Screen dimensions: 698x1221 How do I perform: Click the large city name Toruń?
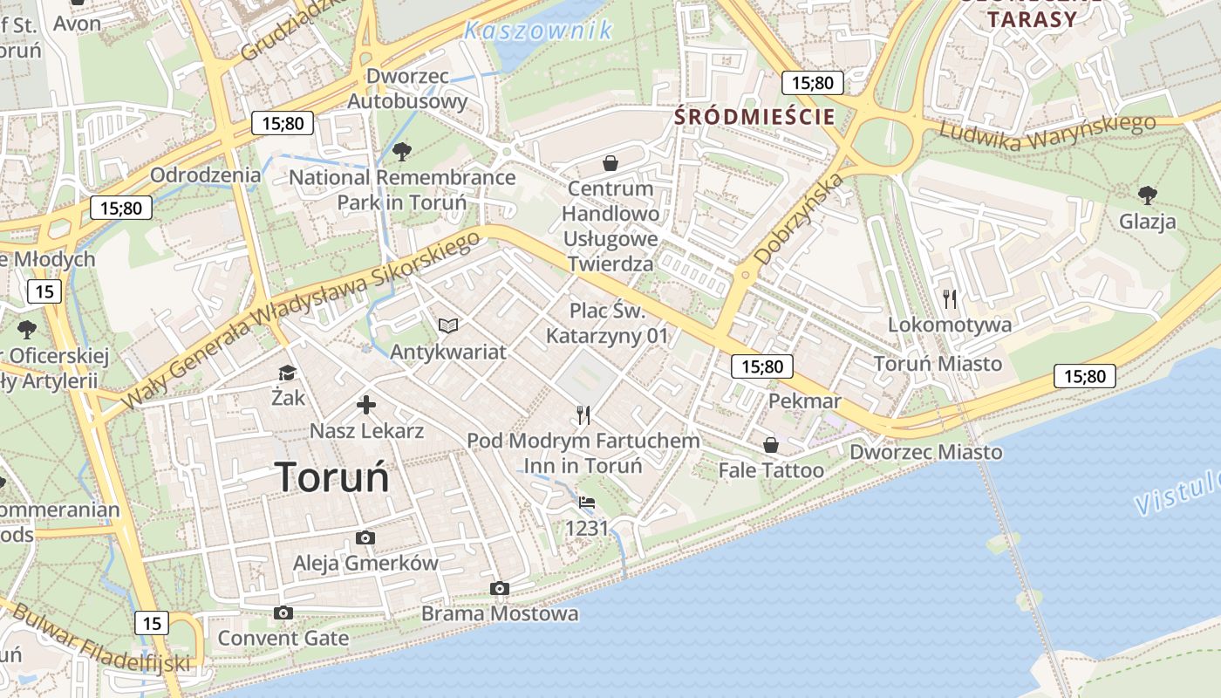pos(332,476)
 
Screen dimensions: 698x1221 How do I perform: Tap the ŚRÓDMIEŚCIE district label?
pos(754,116)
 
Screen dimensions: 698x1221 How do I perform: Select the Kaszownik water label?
pos(538,31)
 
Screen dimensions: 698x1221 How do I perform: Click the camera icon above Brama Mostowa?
pos(500,589)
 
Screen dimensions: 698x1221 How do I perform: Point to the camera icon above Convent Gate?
pos(283,613)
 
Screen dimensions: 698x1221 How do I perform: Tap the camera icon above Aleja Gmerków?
pos(365,538)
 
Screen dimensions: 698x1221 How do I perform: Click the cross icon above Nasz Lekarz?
pos(366,405)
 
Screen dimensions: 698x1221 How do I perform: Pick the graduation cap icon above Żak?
pos(287,373)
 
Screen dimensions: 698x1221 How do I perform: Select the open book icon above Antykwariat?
pos(448,326)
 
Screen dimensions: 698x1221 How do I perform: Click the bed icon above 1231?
pos(587,503)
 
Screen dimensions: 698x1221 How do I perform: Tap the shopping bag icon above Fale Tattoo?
pos(771,445)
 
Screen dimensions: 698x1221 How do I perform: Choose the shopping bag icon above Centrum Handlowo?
pos(610,163)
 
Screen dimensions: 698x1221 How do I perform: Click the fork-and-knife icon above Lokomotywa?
pos(950,299)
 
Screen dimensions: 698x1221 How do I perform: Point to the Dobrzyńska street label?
pos(799,219)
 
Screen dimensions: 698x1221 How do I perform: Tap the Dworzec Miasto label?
pos(926,452)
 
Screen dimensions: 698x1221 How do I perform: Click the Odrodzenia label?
pos(205,174)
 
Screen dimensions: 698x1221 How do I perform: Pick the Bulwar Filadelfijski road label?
pos(100,639)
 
